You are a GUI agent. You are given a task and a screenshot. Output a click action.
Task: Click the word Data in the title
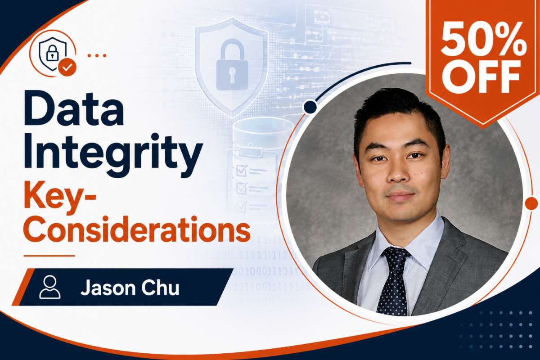coord(74,108)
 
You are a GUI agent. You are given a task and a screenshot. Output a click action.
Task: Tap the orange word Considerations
coord(137,229)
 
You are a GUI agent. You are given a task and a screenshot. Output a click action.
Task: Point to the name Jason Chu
coord(130,288)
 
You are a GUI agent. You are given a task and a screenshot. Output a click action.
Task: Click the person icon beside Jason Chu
coord(49,287)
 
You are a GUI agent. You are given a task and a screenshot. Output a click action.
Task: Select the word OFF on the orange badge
coord(481,77)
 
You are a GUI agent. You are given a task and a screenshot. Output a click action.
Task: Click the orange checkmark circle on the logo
coord(67,67)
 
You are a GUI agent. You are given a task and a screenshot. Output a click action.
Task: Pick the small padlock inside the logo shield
coord(52,53)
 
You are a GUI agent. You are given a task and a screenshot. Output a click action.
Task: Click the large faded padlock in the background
coord(232,65)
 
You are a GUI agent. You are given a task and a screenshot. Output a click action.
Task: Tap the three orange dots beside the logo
coord(97,56)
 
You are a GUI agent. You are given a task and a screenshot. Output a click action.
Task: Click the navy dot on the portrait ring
coord(310,106)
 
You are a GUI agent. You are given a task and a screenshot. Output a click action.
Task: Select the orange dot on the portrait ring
coord(531,203)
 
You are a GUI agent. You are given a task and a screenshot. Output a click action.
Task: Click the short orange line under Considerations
coord(49,256)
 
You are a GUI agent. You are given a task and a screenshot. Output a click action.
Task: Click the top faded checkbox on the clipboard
coord(241,171)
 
